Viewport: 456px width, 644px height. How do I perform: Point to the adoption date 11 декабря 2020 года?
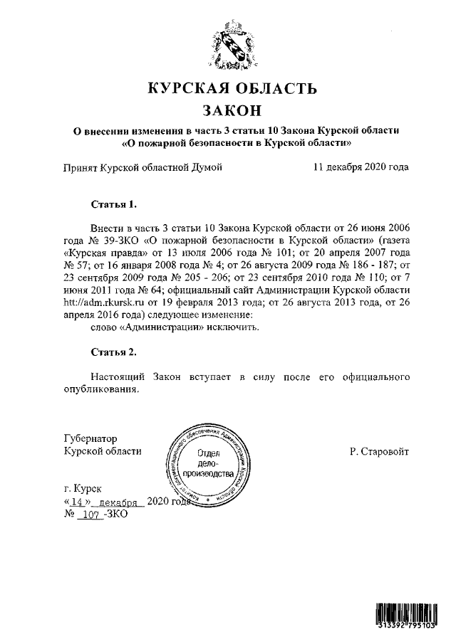pos(360,168)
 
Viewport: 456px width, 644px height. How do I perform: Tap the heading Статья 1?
pos(113,204)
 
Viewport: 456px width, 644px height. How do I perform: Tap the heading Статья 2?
pos(113,352)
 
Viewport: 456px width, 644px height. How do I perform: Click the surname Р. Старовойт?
pos(379,451)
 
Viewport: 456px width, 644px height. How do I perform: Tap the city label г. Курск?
pos(83,489)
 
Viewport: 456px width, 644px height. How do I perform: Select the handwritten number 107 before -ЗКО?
pos(90,514)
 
